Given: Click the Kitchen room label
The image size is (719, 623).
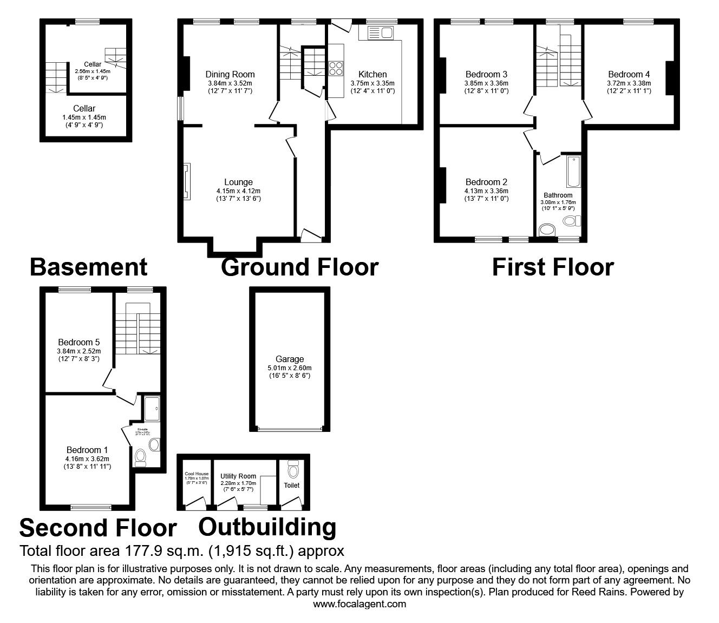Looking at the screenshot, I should tap(372, 74).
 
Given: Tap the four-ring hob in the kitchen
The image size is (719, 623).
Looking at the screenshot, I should tap(336, 68).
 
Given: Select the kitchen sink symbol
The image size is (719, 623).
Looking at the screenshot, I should tap(381, 33).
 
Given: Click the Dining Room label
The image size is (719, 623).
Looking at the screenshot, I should tap(230, 74).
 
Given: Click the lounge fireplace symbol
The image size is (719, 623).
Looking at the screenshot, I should tap(186, 182).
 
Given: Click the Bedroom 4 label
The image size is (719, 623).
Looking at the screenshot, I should tap(629, 74).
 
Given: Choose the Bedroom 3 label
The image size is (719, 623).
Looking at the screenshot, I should tap(486, 74).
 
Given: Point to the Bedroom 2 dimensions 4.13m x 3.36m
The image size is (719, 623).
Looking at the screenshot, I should tap(486, 191).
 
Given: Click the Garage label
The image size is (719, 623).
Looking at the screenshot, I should tap(290, 359).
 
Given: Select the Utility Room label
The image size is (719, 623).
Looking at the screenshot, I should tap(238, 476).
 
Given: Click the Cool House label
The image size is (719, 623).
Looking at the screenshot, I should tap(196, 474).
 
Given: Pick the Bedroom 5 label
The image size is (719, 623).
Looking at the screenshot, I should tap(79, 342).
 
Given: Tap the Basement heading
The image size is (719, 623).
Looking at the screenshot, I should tap(88, 267).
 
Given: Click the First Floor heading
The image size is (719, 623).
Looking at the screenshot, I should tap(553, 267).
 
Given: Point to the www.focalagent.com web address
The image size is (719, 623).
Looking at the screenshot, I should tap(359, 604).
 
